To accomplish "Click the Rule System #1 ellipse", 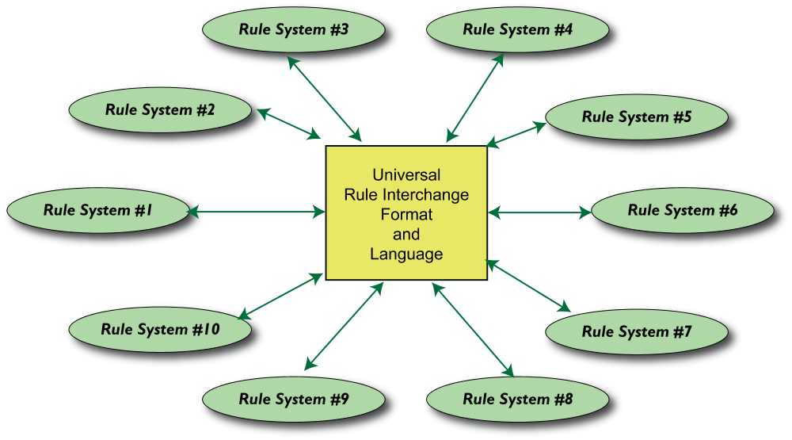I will point(97,211).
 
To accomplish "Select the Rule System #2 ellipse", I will point(160,110).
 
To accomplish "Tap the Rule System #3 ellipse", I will point(294,30).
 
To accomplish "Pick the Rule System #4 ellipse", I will point(517,30).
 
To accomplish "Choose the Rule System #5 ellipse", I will point(636,117).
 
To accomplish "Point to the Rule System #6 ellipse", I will point(682,211).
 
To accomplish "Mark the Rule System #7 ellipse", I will point(636,331).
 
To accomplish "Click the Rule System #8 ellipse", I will point(517,399).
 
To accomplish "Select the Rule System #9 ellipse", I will point(294,399).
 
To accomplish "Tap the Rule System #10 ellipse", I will point(160,329).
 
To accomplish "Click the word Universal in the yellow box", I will point(406,175).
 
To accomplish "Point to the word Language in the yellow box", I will point(406,254).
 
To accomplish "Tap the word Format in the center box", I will point(406,215).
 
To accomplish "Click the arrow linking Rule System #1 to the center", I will point(257,212).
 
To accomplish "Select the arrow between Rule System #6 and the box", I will point(539,212).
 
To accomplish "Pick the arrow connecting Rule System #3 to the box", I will point(324,97).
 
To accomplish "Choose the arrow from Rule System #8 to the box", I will point(474,329).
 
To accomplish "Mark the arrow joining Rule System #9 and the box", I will point(344,326).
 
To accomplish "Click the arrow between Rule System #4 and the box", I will point(475,97).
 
